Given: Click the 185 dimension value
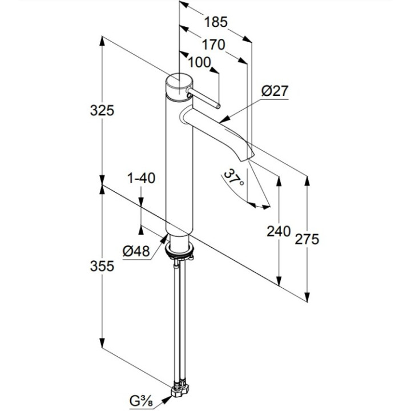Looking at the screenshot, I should [216, 22].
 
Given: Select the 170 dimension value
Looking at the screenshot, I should [212, 44].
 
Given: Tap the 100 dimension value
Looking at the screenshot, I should [199, 63].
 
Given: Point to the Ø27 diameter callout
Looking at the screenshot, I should [276, 91].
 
